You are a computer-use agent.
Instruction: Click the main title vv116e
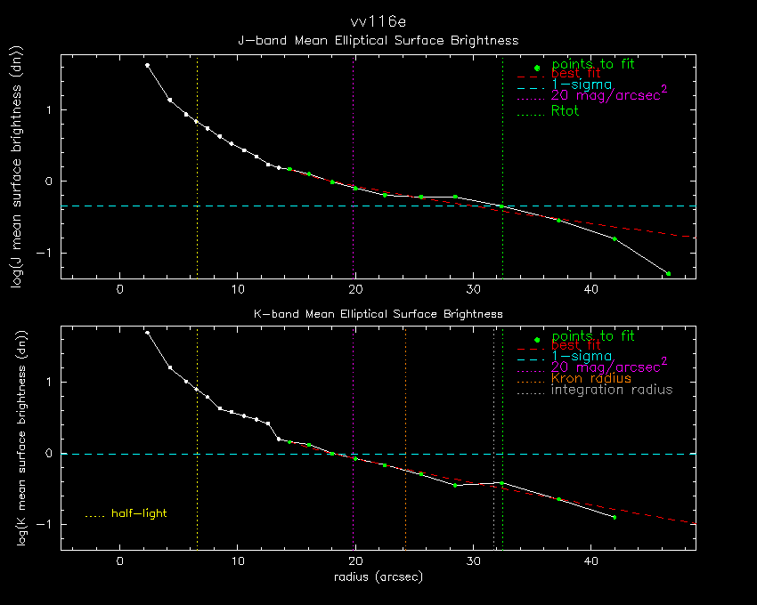(x=378, y=22)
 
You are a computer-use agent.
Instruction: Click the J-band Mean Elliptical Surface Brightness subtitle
(x=378, y=40)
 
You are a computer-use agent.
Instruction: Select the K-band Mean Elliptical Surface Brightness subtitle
(x=378, y=314)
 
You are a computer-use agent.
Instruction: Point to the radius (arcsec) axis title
(x=378, y=577)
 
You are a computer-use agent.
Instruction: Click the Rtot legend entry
(x=566, y=111)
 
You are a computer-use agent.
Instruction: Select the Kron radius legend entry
(x=591, y=378)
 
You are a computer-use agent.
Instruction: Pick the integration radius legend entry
(x=612, y=390)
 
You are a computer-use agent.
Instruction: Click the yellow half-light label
(x=139, y=513)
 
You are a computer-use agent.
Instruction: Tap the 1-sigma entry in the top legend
(x=582, y=85)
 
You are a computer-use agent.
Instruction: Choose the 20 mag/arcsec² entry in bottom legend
(x=609, y=366)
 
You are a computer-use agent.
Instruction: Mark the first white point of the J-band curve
(x=148, y=65)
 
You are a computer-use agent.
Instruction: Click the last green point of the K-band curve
(x=614, y=517)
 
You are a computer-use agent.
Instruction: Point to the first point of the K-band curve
(x=147, y=333)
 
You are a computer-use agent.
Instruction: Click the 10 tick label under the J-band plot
(x=238, y=289)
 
